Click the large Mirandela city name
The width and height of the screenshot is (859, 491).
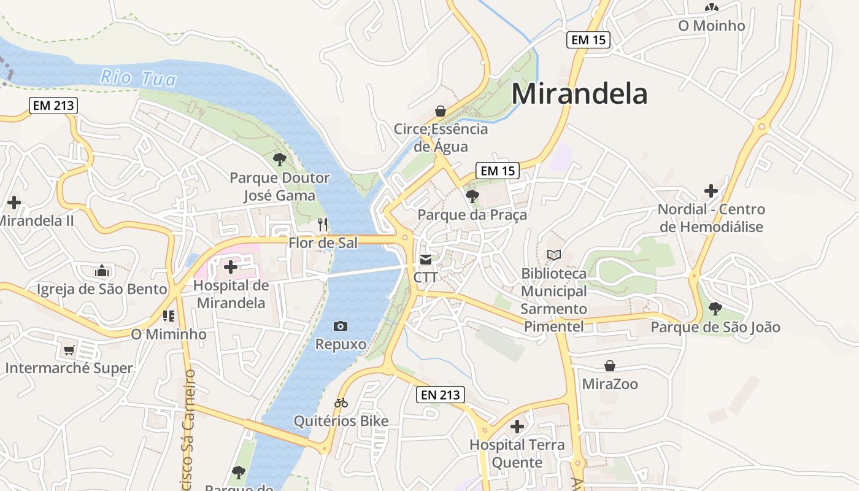coord(579,94)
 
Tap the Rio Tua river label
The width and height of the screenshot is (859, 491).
coord(138,78)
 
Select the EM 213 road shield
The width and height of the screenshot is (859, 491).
coord(53,106)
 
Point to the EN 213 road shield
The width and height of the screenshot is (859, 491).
coord(441,395)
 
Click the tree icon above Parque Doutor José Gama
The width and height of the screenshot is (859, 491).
coord(279,160)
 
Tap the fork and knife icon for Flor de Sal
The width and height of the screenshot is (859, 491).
coord(323,225)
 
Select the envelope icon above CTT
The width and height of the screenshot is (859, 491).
coord(426,260)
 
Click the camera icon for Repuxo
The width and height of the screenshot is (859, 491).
coord(341,327)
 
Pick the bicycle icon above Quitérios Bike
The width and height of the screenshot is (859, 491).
coord(341,403)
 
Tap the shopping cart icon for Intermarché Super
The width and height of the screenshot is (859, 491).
coord(69,350)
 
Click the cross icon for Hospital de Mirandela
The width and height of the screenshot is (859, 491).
coord(231,267)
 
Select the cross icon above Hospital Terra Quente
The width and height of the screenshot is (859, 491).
coord(517,427)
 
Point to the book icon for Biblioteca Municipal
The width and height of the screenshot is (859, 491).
coord(553,255)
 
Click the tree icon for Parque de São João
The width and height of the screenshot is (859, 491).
coord(715,309)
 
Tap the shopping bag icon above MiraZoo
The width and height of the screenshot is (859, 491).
coord(610,366)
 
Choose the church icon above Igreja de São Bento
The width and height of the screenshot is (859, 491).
coord(102,271)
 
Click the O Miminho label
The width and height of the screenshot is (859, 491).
coord(169,334)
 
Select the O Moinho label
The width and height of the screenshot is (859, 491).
coord(711,26)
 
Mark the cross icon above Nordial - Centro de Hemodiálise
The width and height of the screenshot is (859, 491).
coord(711,191)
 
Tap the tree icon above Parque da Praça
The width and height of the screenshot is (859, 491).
coord(472,196)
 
